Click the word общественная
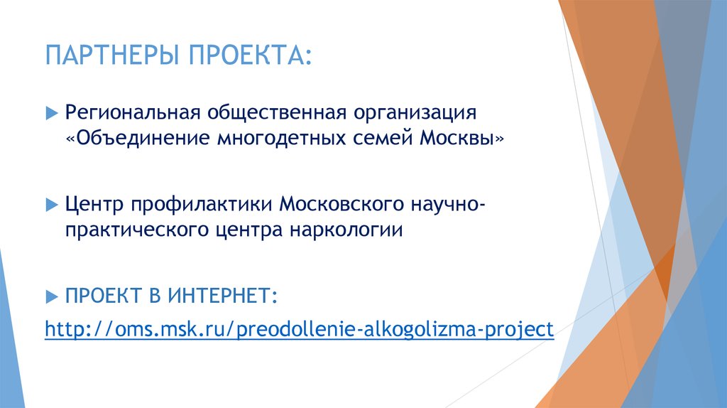point(275,112)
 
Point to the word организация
point(414,112)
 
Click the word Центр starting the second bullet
point(90,205)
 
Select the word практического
point(137,230)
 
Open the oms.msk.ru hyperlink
point(299,330)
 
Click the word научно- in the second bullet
point(448,205)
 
